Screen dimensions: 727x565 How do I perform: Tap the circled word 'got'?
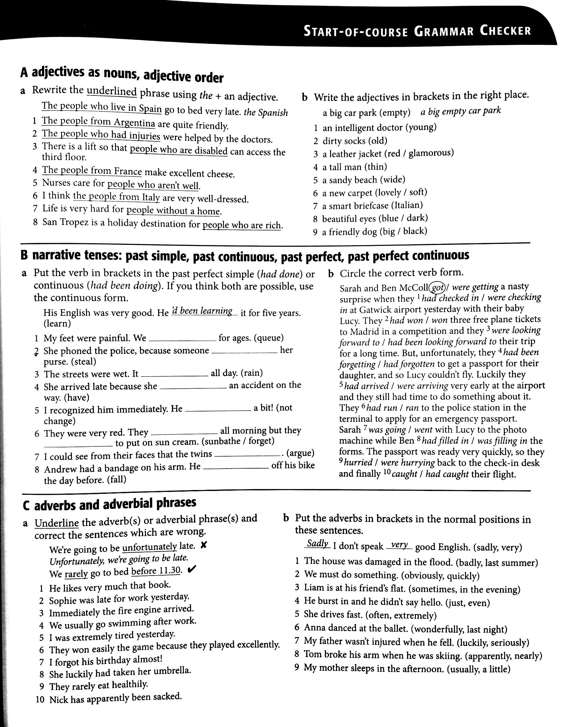point(437,287)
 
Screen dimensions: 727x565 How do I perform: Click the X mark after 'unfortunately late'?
point(204,545)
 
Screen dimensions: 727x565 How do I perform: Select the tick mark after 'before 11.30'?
point(192,569)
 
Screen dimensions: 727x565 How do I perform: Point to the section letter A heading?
point(24,72)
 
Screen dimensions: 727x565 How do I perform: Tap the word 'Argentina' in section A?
point(134,123)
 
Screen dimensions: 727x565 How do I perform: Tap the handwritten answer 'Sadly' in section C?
point(317,544)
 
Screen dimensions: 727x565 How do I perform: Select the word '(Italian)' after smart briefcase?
point(407,205)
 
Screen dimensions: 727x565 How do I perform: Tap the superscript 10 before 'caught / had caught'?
point(386,472)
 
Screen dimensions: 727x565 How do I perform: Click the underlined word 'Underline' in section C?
point(56,523)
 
